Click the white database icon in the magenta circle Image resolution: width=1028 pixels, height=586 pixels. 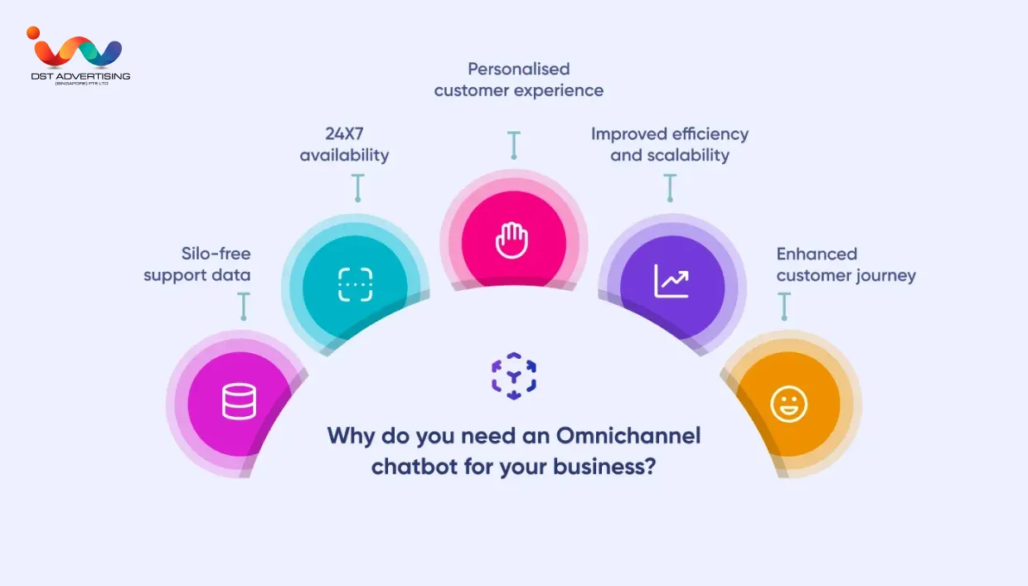[x=239, y=401]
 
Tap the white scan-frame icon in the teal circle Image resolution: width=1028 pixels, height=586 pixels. [x=355, y=284]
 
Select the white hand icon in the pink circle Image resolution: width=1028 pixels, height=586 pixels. [x=512, y=240]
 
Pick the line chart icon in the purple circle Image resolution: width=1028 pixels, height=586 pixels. [x=671, y=281]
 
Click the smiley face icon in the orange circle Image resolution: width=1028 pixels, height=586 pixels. [x=789, y=404]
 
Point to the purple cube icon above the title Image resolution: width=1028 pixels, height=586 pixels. [x=514, y=375]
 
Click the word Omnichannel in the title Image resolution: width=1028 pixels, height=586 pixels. [x=628, y=435]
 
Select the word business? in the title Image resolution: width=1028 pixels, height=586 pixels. [x=604, y=467]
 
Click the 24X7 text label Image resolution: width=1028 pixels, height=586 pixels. [x=344, y=134]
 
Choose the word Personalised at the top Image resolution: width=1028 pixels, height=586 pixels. [x=519, y=69]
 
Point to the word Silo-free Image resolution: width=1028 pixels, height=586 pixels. [x=216, y=254]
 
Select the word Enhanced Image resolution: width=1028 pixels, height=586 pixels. [x=817, y=254]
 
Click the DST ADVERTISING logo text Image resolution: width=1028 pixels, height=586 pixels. [x=80, y=76]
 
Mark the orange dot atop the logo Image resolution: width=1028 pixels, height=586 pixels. [x=33, y=33]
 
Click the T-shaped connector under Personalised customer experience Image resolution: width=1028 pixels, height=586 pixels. [x=514, y=145]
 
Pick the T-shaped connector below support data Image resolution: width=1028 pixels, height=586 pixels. [x=244, y=306]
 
